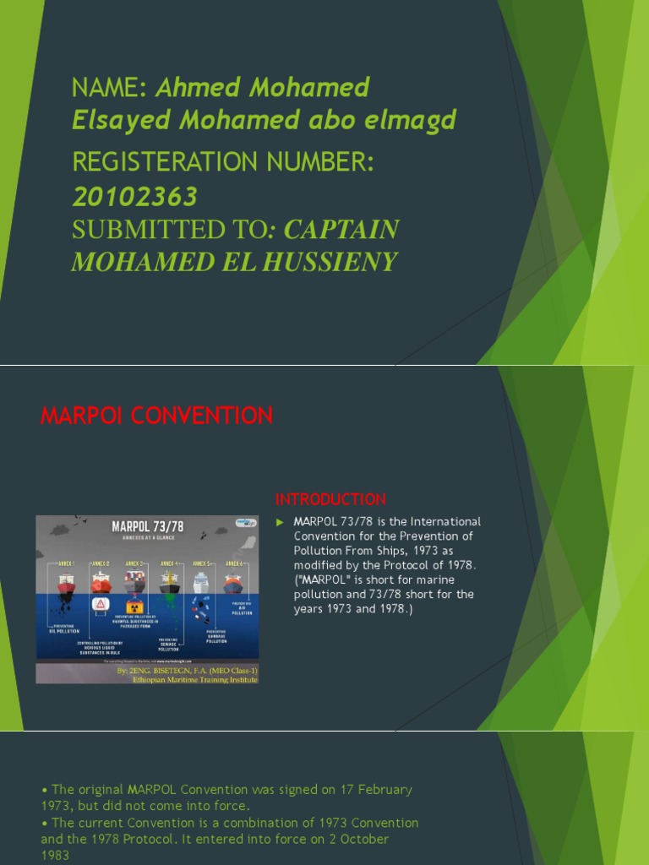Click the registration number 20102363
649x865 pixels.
135,197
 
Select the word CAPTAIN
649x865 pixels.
341,230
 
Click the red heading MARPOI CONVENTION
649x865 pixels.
157,416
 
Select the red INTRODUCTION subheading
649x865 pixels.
330,499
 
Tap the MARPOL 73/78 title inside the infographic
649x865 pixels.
147,527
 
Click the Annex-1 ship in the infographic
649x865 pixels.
66,583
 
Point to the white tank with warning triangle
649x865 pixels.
100,604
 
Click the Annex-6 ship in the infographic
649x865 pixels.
232,583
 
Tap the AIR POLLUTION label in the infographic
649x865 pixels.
242,610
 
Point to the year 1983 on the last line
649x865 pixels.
55,855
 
